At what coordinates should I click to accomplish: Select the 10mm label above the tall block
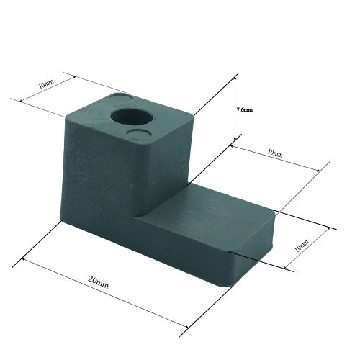(45, 84)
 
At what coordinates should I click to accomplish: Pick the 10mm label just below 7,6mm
(274, 153)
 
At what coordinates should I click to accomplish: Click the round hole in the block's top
(133, 115)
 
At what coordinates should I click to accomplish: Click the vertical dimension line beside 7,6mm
(235, 108)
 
